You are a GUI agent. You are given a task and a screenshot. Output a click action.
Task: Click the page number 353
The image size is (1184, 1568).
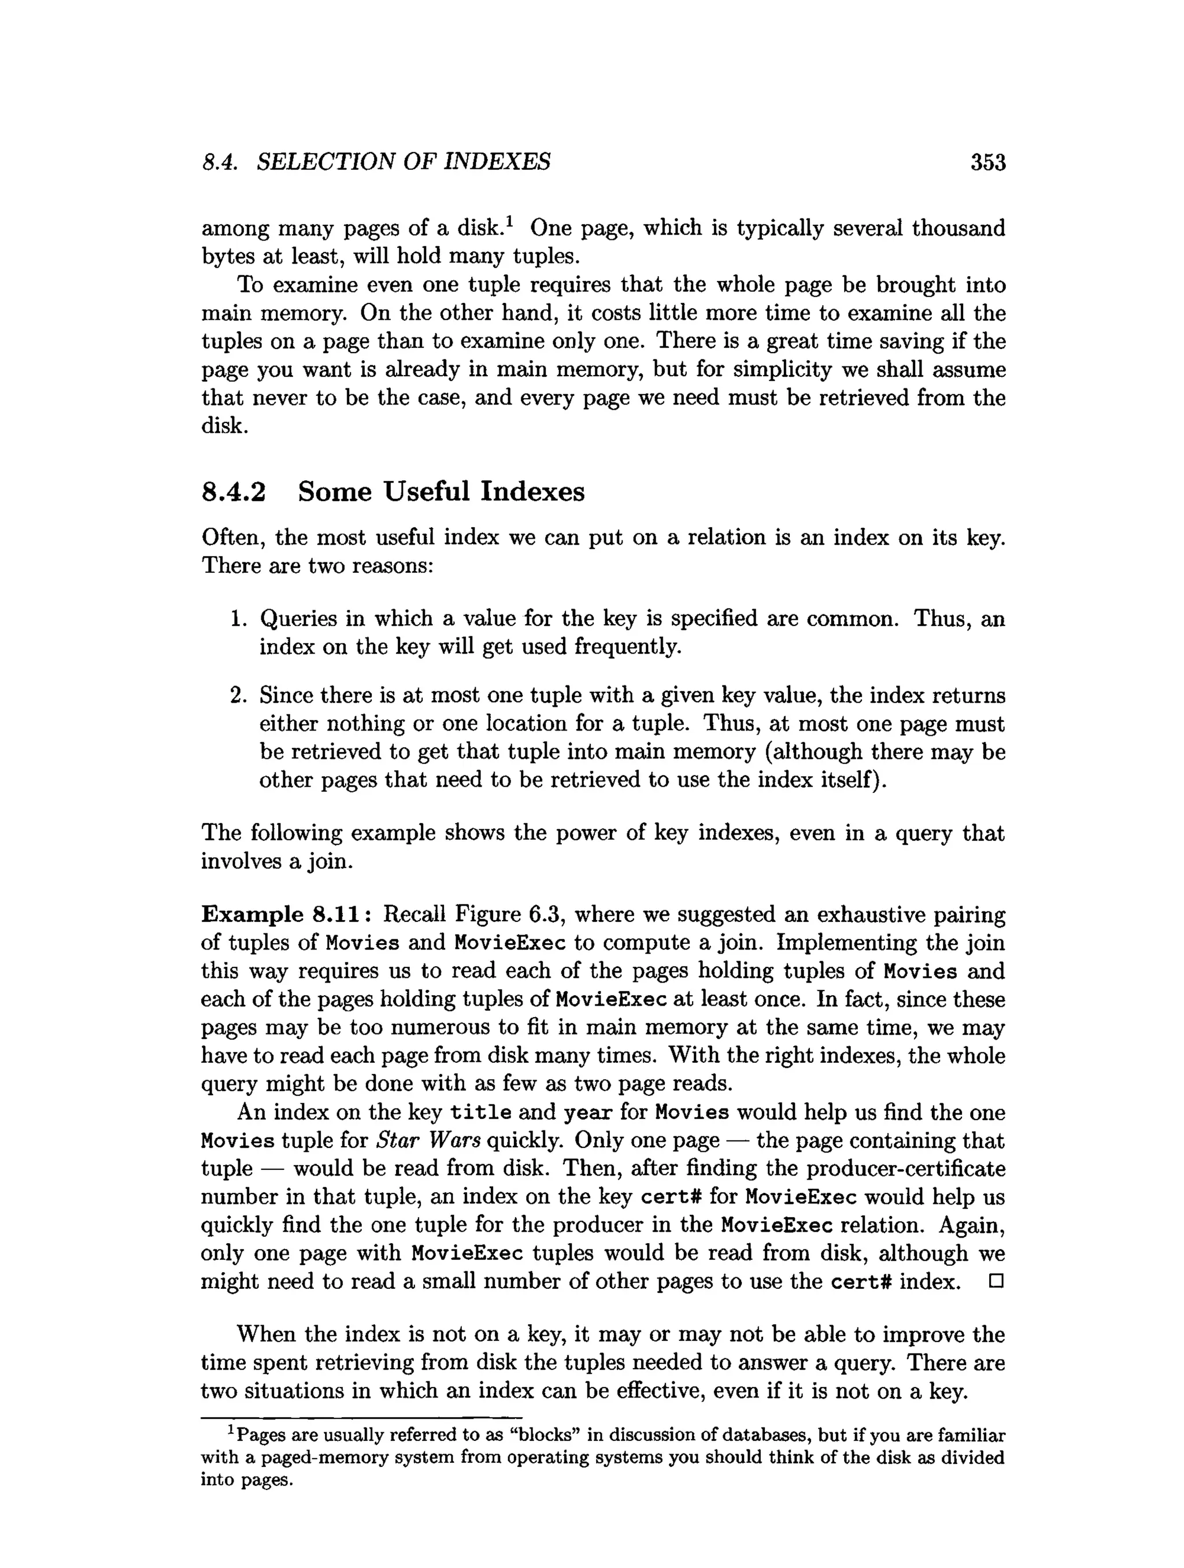987,163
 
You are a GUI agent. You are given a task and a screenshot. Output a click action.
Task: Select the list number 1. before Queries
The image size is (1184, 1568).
238,619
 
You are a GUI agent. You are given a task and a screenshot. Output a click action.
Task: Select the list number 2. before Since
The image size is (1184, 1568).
238,695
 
